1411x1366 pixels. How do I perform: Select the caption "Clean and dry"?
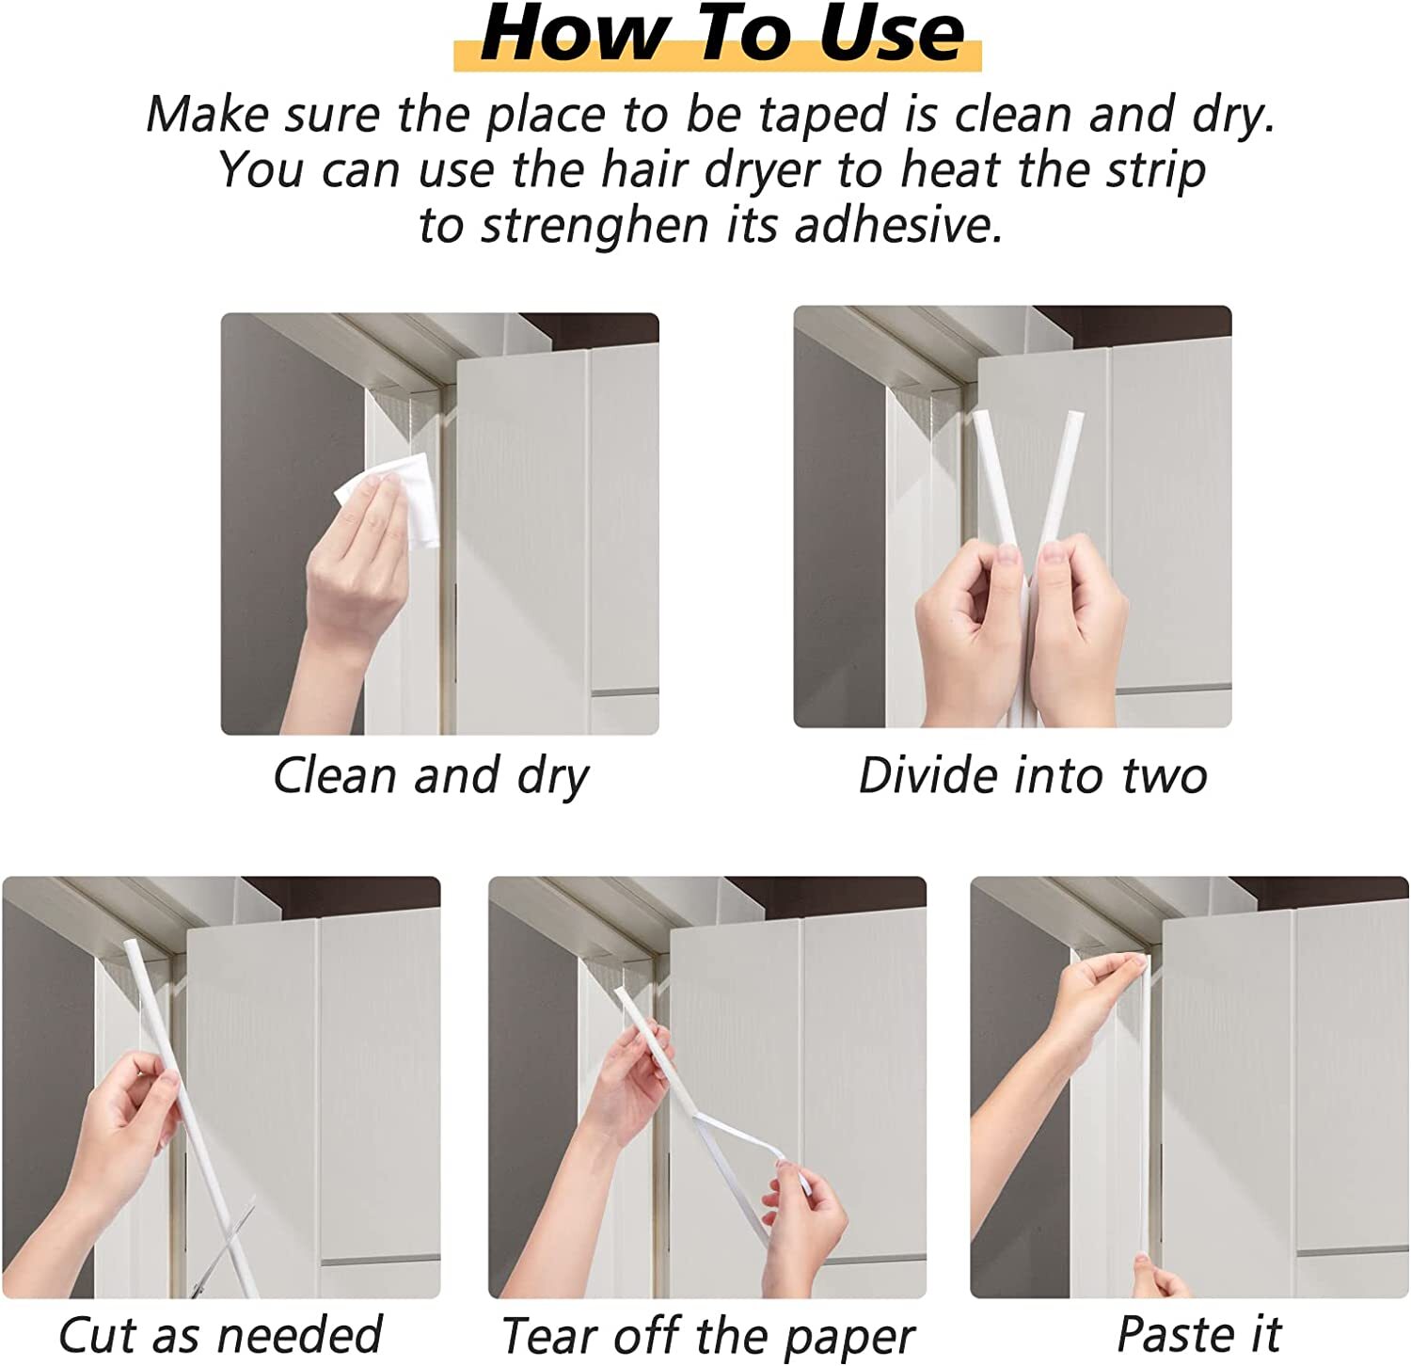tap(431, 777)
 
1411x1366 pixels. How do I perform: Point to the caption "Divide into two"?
tap(1032, 777)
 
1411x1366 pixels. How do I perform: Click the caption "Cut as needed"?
tap(220, 1335)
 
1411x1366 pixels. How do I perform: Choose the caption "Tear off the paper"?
tap(707, 1336)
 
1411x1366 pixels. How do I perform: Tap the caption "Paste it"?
tap(1198, 1334)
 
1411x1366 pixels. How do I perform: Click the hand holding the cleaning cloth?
tap(353, 564)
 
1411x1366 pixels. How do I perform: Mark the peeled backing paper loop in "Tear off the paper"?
tap(743, 1143)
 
